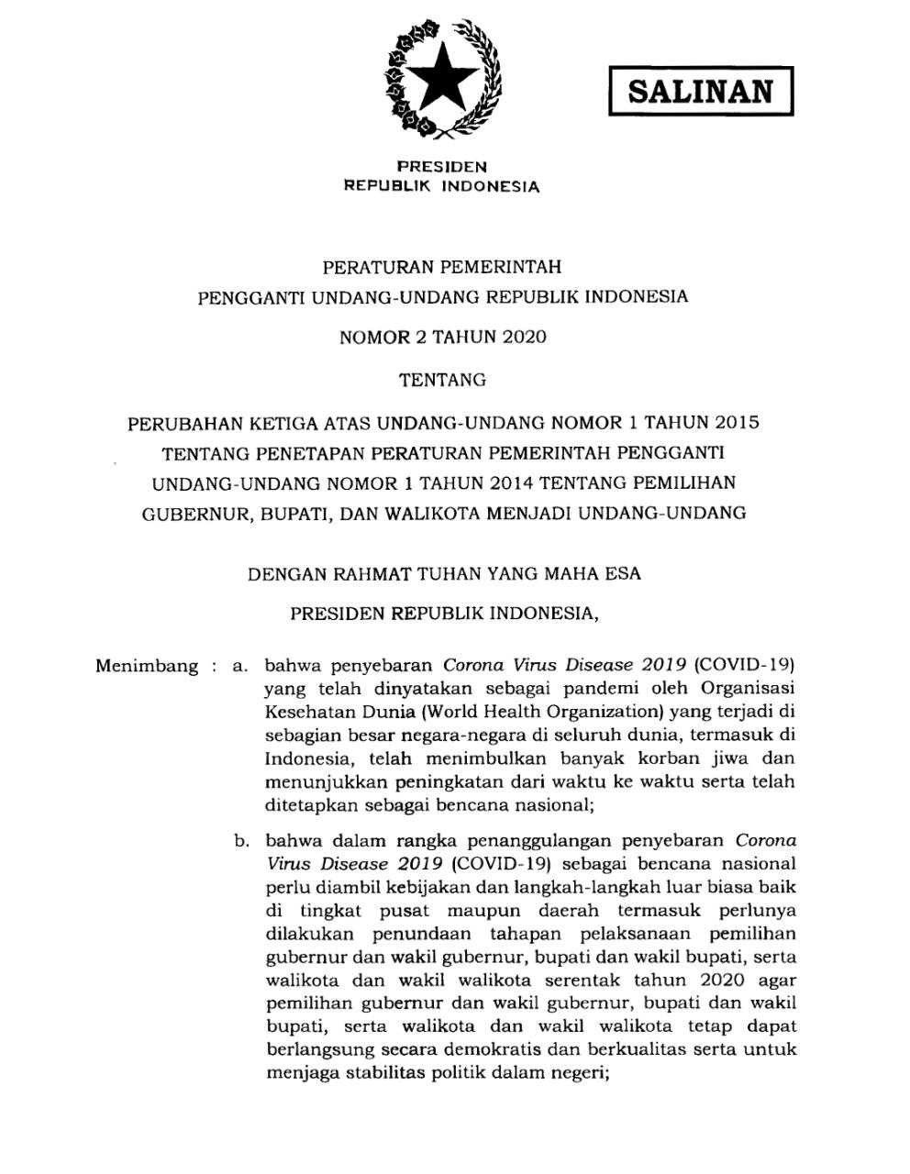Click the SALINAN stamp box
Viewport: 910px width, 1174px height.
pyautogui.click(x=700, y=93)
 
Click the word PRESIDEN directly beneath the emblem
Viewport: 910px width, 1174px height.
pyautogui.click(x=441, y=167)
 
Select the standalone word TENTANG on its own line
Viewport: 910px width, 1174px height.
pyautogui.click(x=442, y=379)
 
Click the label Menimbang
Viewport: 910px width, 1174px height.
pyautogui.click(x=147, y=666)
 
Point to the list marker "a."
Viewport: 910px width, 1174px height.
pyautogui.click(x=240, y=666)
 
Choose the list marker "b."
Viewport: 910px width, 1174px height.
pyautogui.click(x=241, y=840)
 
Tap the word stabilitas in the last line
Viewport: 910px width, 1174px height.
pyautogui.click(x=376, y=1073)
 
